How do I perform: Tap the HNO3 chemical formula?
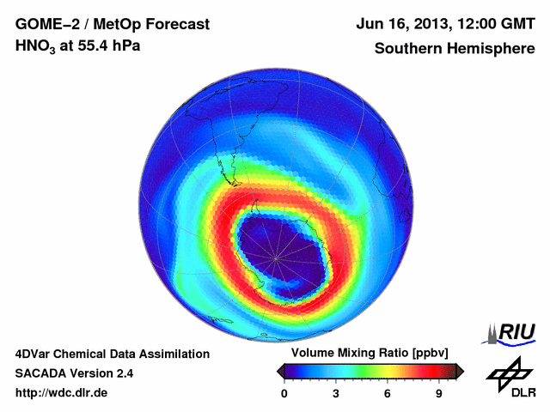(40, 47)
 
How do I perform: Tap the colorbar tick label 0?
(284, 393)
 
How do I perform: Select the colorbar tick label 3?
(336, 393)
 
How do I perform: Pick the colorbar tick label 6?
(388, 393)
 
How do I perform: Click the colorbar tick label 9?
(438, 393)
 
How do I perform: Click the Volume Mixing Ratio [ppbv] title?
(367, 354)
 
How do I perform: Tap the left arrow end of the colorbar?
(280, 371)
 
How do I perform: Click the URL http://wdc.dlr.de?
(62, 393)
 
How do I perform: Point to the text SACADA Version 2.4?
(74, 373)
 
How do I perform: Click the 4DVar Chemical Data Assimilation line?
(112, 354)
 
